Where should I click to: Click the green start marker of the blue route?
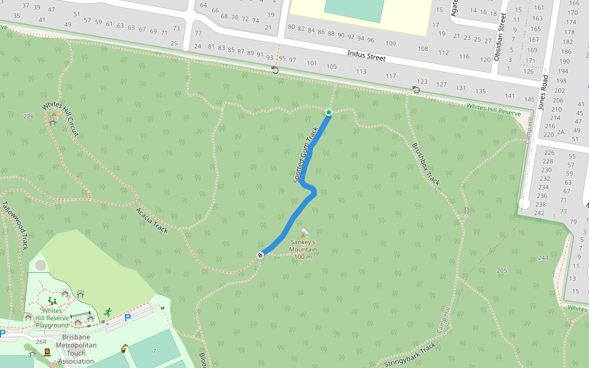coord(329,112)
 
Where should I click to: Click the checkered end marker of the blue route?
coord(260,255)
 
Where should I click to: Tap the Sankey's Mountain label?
coord(303,249)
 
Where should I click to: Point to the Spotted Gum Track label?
coord(306,155)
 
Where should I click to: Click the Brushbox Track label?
coord(426,164)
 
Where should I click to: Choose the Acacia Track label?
coord(152,220)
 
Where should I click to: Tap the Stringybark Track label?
coord(410,355)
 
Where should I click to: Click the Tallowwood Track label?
coord(15,226)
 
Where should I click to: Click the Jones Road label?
coord(542,92)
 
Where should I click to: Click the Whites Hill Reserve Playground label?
coord(52,318)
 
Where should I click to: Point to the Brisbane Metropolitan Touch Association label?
coord(73,349)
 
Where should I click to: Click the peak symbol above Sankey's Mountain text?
coord(302,234)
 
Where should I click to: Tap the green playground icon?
coord(52,301)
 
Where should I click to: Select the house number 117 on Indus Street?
coord(390,76)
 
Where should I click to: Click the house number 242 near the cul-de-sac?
coord(539,213)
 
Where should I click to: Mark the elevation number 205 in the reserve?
coord(502,270)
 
